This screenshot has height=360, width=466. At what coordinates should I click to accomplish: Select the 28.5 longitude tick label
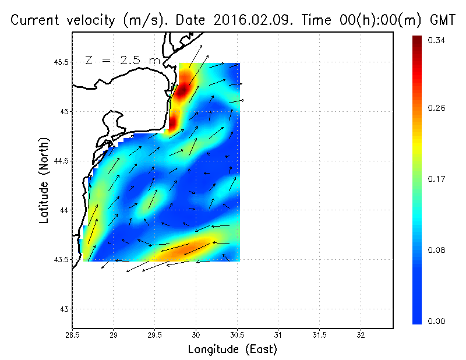[x=72, y=335]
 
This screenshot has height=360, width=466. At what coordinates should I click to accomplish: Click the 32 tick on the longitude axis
[x=361, y=335]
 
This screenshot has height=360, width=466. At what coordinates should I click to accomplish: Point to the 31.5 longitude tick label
[x=319, y=335]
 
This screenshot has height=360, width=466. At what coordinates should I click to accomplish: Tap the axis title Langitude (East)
[x=232, y=350]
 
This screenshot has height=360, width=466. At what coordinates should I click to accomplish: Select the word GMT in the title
[x=443, y=20]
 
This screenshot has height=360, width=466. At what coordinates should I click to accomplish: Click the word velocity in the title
[x=89, y=20]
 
